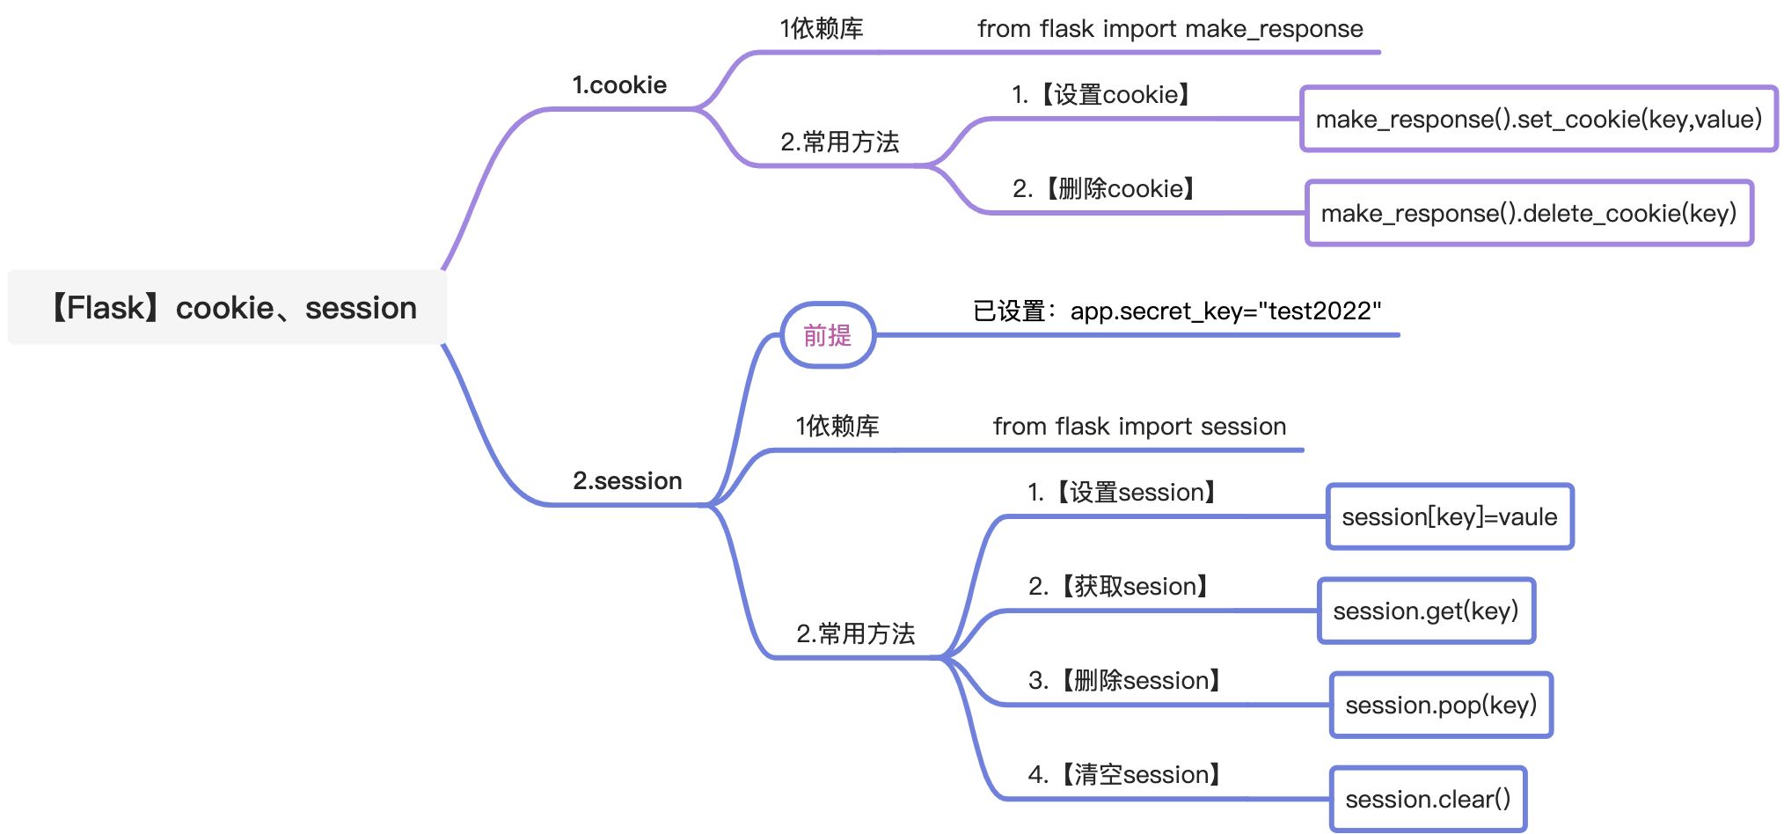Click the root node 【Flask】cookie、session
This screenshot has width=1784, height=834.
227,307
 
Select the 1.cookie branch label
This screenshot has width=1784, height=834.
619,85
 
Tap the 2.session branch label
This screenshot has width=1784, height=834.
627,481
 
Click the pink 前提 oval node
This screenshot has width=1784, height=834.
828,335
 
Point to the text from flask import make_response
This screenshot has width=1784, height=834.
1170,29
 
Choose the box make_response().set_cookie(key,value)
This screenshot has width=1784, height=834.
1539,119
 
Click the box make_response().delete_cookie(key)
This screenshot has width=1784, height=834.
1529,213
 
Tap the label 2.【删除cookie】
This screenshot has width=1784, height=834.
1104,189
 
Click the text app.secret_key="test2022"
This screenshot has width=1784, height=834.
1225,311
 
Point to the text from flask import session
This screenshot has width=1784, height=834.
1139,427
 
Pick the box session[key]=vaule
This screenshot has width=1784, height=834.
1450,516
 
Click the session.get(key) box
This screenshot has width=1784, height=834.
1426,611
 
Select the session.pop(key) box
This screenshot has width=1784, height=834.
1441,705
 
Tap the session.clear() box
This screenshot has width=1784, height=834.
1428,799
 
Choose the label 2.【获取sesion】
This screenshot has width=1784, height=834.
1119,587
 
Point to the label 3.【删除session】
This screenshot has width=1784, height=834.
1124,681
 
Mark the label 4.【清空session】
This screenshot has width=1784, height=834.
1124,775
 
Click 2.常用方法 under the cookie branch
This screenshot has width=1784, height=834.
840,143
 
